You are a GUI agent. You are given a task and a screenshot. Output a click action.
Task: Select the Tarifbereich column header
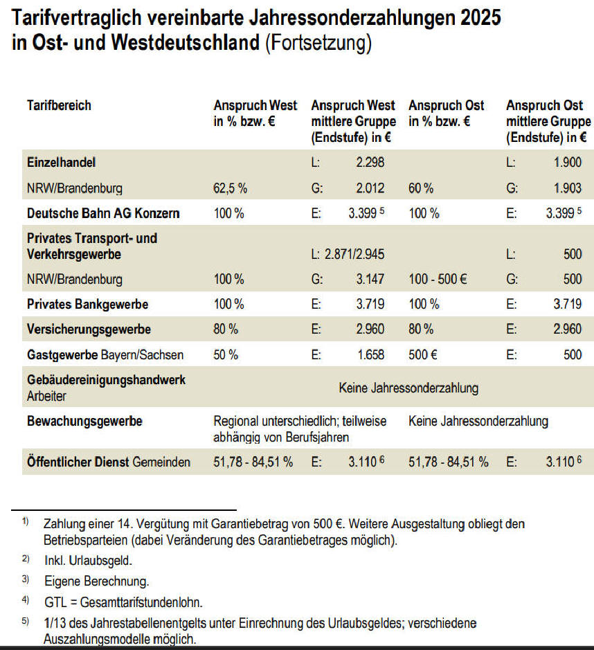[x=59, y=106]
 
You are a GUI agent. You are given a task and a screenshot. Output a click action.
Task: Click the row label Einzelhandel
[x=61, y=163]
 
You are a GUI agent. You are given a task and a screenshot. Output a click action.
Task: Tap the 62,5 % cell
[x=231, y=188]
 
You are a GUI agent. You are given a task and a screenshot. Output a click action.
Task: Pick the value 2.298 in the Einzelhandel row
[x=370, y=163]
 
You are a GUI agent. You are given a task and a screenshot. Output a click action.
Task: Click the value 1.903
[x=567, y=188]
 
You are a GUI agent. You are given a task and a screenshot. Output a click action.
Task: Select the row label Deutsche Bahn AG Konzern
[x=103, y=213]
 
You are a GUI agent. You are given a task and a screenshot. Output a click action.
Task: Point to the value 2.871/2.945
[x=354, y=254]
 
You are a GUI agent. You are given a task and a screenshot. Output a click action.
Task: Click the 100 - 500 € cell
[x=438, y=280]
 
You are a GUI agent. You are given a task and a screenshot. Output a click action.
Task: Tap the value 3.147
[x=370, y=280]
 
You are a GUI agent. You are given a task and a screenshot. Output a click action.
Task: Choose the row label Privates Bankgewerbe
[x=87, y=304]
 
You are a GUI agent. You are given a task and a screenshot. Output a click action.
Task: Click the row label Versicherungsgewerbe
[x=89, y=329]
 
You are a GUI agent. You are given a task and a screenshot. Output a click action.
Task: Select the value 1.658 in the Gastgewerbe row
[x=370, y=354]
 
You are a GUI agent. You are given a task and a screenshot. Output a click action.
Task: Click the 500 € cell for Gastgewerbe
[x=422, y=354]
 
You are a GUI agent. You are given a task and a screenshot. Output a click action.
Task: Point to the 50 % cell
[x=226, y=354]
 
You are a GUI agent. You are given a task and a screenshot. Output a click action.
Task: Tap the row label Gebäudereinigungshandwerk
[x=106, y=381]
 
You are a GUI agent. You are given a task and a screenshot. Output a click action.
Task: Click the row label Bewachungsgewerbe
[x=84, y=421]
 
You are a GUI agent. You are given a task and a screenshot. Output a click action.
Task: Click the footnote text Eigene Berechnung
[x=96, y=580]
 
